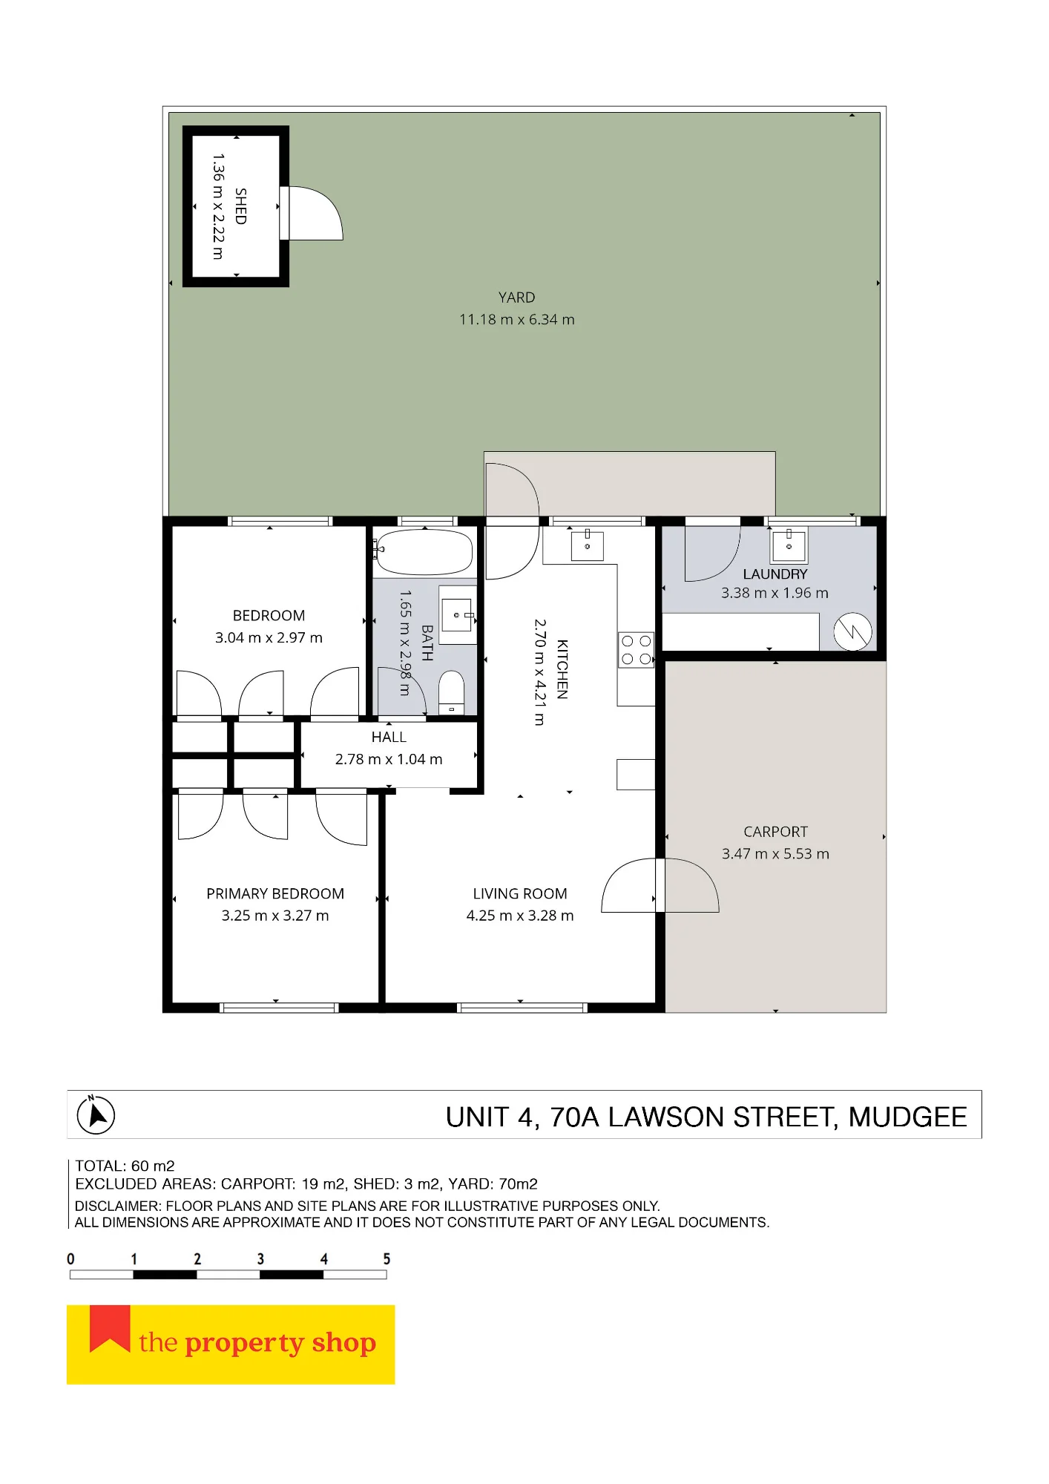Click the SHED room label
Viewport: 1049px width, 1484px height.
click(240, 206)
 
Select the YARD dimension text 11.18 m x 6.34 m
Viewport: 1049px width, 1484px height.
click(517, 320)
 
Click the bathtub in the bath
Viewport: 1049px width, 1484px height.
click(423, 552)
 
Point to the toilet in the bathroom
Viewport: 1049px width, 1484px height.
click(451, 692)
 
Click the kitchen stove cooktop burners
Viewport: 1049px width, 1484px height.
click(636, 650)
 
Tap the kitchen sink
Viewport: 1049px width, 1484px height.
click(587, 545)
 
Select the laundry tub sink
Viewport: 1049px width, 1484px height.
click(789, 545)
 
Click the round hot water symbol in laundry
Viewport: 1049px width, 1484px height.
click(852, 632)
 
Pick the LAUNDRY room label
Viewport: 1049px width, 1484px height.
click(775, 574)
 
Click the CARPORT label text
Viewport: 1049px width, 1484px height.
click(775, 832)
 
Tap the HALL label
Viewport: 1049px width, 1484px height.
click(389, 738)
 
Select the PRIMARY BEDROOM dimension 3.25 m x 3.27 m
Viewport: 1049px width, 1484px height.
click(275, 916)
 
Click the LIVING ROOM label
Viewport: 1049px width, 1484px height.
click(520, 894)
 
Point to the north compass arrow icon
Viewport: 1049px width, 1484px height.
click(96, 1115)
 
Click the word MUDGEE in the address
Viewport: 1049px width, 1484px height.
click(908, 1117)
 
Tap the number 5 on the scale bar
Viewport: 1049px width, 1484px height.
click(387, 1259)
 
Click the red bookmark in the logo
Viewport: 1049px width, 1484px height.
click(110, 1329)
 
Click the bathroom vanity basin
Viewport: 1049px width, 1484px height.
click(457, 615)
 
